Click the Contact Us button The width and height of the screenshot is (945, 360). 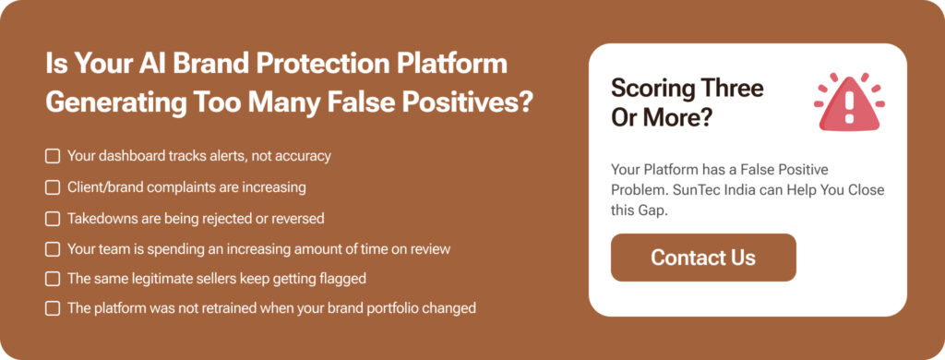click(702, 258)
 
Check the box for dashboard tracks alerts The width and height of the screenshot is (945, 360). click(53, 156)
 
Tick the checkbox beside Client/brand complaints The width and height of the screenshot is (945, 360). click(53, 187)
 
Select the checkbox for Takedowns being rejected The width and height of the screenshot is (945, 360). click(53, 219)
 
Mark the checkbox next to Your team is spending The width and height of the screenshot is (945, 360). click(53, 249)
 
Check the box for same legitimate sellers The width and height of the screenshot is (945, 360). click(53, 278)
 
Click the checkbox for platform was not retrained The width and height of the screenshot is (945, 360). click(53, 308)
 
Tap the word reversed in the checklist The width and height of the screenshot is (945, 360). click(297, 219)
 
